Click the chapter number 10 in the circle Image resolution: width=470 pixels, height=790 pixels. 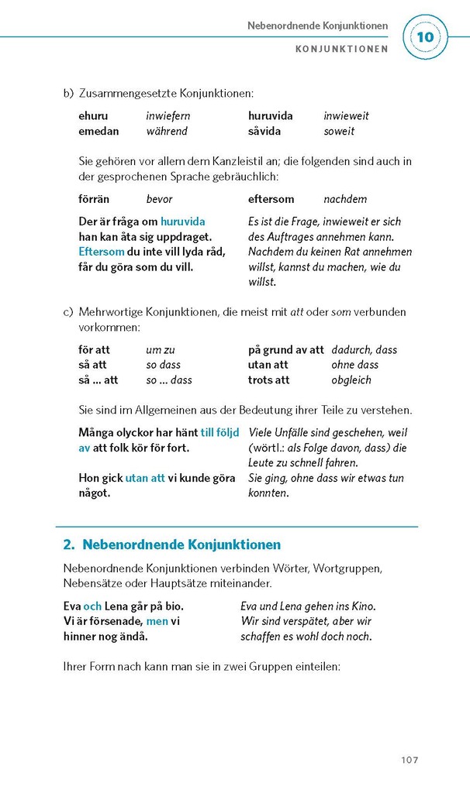426,36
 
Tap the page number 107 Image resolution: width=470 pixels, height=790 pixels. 410,759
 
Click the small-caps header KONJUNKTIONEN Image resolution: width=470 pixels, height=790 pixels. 341,48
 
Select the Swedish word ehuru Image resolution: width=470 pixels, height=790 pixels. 93,115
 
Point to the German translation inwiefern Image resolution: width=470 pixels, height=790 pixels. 168,115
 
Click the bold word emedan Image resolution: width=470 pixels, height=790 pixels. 98,131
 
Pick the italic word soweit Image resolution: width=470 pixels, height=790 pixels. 339,131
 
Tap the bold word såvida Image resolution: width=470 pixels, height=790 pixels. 264,131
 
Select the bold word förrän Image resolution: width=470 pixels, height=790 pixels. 95,199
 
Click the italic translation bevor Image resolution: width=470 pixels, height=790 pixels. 159,199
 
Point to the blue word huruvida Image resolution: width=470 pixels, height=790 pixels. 183,222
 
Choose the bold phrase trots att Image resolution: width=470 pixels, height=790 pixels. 268,380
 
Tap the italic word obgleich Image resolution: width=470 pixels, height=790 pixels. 351,380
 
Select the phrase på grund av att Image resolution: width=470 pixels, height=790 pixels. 285,349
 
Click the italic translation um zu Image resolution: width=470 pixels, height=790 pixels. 161,349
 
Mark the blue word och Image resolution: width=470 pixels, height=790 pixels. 92,606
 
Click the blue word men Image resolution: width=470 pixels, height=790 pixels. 157,621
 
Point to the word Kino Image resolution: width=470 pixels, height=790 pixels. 362,606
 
